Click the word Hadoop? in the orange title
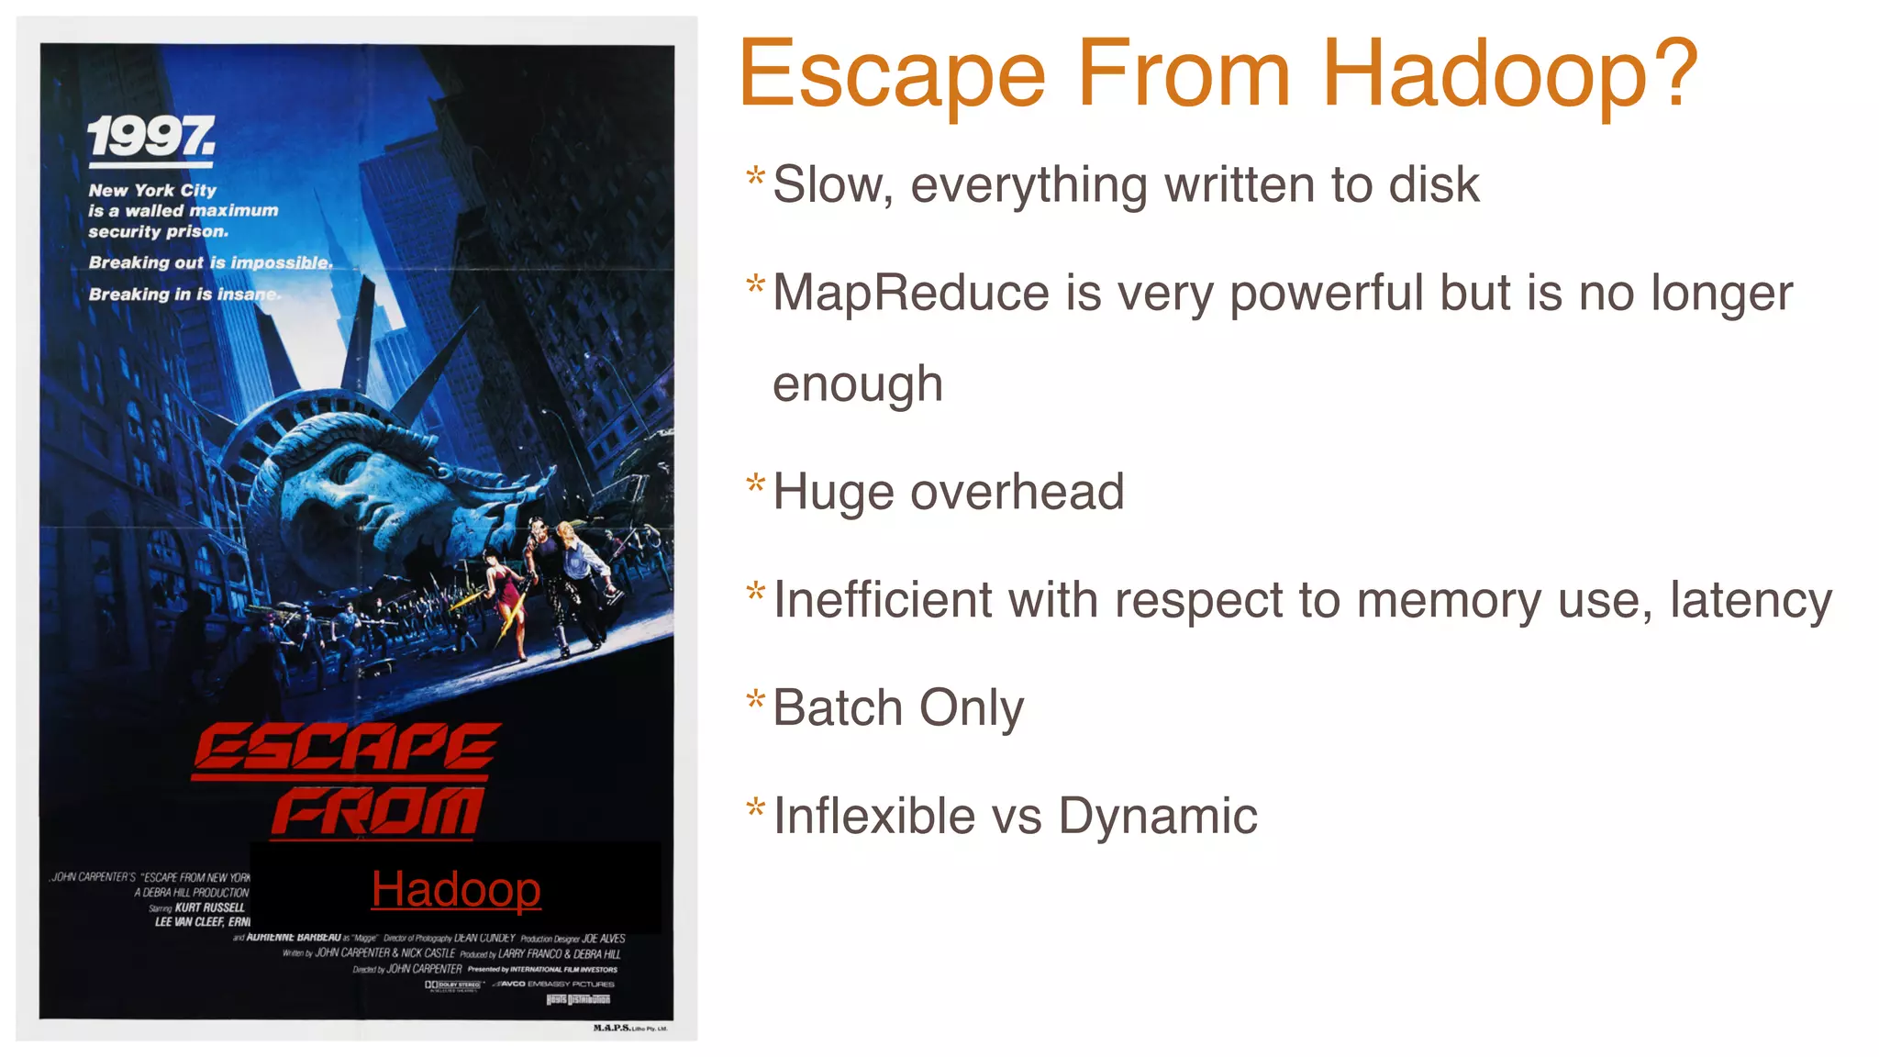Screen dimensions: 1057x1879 click(1509, 73)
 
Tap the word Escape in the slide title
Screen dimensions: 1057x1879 click(892, 73)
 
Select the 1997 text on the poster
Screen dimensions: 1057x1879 click(151, 137)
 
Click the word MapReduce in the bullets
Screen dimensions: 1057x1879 click(911, 293)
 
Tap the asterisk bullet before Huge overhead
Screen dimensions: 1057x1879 click(755, 484)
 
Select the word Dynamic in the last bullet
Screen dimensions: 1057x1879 click(1157, 816)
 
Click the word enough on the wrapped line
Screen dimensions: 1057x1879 click(857, 384)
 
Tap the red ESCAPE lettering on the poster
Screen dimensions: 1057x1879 click(345, 748)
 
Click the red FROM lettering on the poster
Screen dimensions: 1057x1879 click(377, 812)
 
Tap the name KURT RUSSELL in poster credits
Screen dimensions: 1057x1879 click(209, 907)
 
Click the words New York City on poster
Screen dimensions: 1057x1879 click(152, 191)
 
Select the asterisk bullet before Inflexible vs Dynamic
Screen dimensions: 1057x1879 click(755, 807)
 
